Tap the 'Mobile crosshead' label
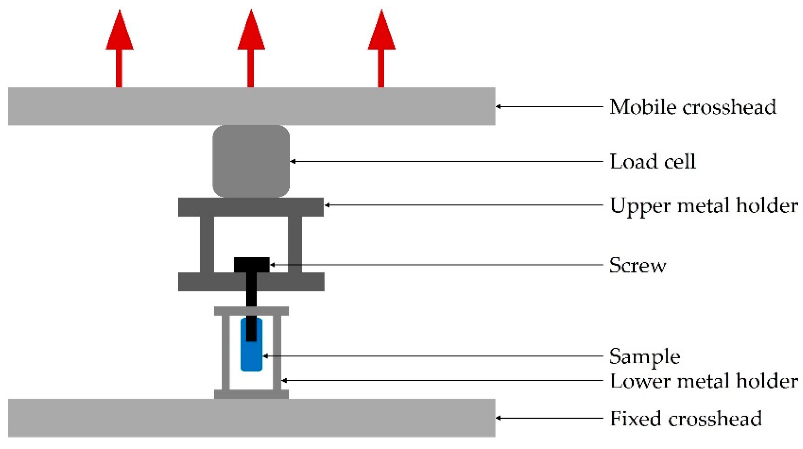(692, 107)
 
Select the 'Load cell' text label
(653, 161)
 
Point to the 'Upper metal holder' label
(704, 206)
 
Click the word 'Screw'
(637, 265)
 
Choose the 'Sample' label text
(644, 356)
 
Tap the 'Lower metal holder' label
(704, 381)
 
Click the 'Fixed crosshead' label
(686, 418)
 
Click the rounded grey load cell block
(251, 161)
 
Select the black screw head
(251, 265)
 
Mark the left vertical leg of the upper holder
(207, 244)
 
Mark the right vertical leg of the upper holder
(295, 244)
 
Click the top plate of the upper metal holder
(251, 207)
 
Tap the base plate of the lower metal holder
(251, 394)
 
